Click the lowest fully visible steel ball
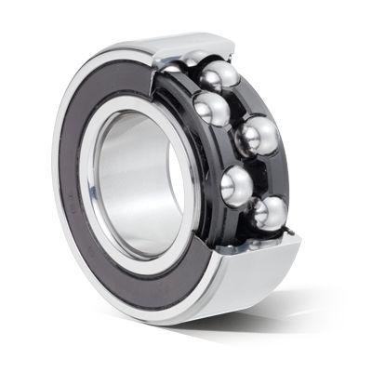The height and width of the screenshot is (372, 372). coord(271,213)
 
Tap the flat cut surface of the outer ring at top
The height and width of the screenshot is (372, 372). coord(195,42)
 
